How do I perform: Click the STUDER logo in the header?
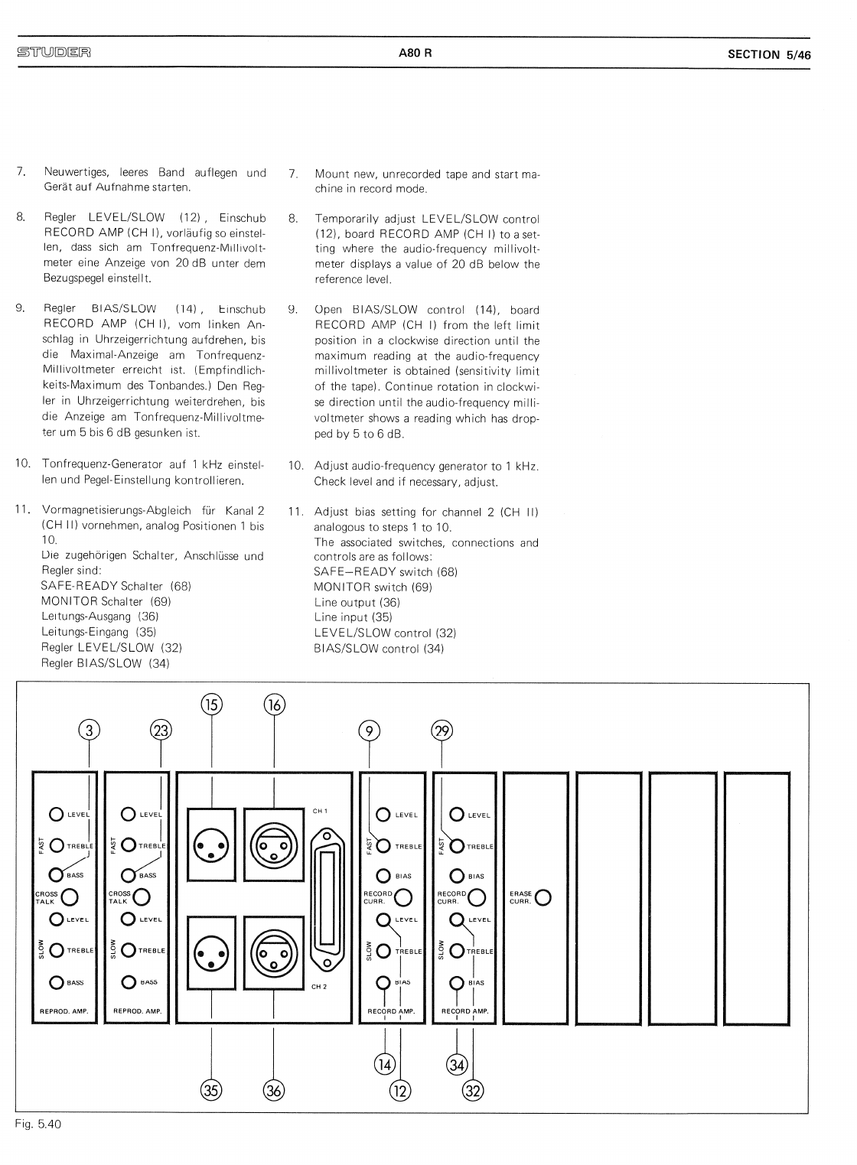click(x=54, y=53)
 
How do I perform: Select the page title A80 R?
click(x=415, y=54)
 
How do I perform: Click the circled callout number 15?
click(x=211, y=704)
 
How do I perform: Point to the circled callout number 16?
click(x=274, y=704)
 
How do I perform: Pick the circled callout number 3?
click(x=90, y=731)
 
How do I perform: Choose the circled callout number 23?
click(x=161, y=731)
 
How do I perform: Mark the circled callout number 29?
click(x=442, y=731)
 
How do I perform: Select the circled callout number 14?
click(x=384, y=1064)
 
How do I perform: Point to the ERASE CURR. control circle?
click(x=544, y=897)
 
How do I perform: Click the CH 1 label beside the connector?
click(x=320, y=811)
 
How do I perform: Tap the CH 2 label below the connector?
click(x=319, y=986)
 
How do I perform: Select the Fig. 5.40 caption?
click(x=37, y=1124)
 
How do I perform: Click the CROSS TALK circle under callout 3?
click(x=69, y=897)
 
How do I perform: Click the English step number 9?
click(x=292, y=310)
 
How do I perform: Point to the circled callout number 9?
click(x=370, y=731)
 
